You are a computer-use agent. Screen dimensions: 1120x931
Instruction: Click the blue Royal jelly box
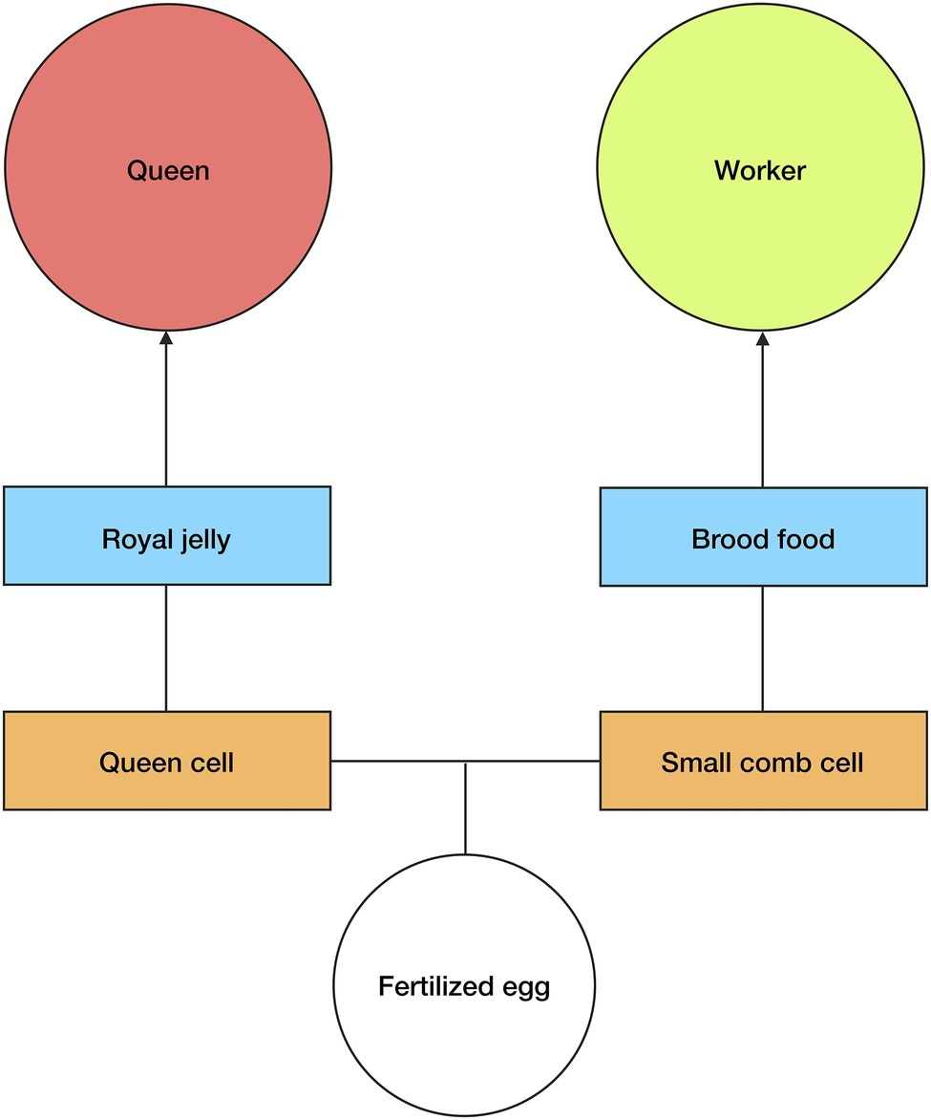click(x=166, y=564)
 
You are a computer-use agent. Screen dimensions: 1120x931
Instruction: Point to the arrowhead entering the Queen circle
click(x=166, y=337)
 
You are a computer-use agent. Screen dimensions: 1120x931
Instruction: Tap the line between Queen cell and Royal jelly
click(x=166, y=647)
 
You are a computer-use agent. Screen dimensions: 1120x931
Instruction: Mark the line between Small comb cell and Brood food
click(x=762, y=647)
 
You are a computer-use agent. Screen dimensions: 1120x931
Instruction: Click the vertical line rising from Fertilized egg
click(x=465, y=812)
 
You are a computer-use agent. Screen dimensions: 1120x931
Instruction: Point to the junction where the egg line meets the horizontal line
click(x=465, y=762)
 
